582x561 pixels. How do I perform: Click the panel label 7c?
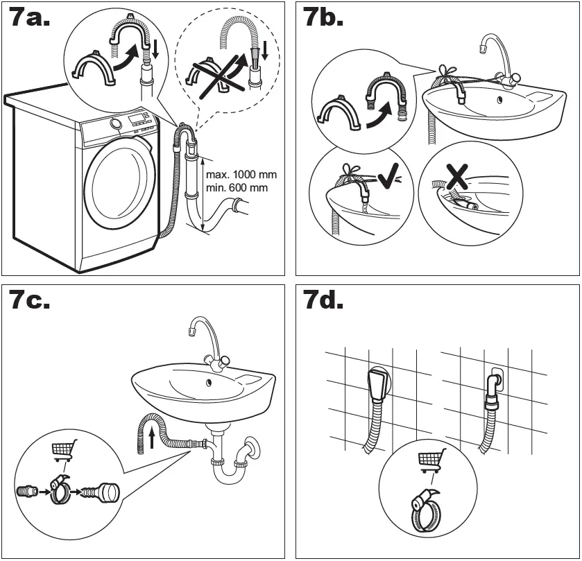30,302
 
